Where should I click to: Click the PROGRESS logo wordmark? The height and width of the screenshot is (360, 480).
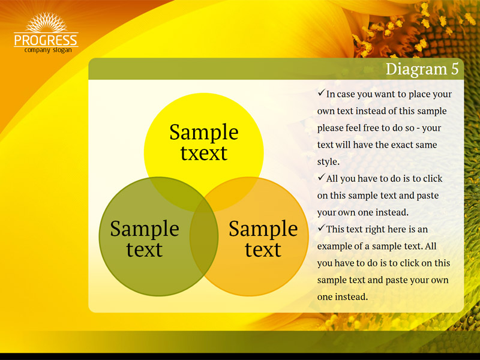[46, 40]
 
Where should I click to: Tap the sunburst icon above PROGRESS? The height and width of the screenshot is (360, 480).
[46, 22]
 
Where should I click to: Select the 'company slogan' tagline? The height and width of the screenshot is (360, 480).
[48, 50]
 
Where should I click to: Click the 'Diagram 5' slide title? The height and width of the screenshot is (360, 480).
[422, 69]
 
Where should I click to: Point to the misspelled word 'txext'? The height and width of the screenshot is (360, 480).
[203, 153]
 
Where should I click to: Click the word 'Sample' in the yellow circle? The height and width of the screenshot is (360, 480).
[204, 132]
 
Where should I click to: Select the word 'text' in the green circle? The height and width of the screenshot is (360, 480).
[144, 250]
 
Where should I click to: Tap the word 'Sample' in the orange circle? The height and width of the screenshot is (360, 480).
[263, 229]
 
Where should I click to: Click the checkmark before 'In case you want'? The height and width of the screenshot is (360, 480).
[321, 92]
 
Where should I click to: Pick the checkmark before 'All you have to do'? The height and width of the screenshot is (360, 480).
[321, 177]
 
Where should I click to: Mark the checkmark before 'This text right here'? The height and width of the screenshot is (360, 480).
[321, 228]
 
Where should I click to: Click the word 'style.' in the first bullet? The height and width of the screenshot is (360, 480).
[328, 161]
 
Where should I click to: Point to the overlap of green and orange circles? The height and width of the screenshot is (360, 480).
[204, 237]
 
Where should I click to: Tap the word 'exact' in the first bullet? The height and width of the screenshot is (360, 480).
[401, 145]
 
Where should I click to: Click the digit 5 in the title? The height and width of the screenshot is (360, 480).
[455, 69]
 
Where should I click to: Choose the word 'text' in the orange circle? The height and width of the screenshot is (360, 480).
[263, 250]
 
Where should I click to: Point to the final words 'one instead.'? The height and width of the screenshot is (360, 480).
[343, 296]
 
